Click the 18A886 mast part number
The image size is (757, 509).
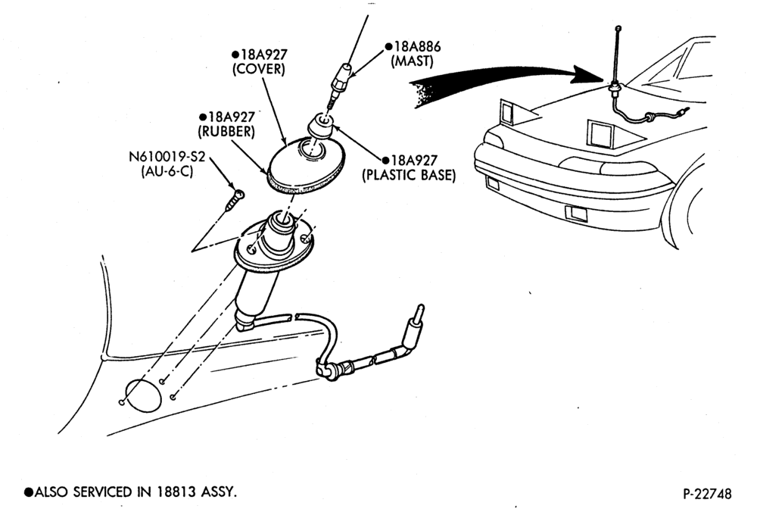418,47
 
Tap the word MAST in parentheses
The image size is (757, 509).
412,61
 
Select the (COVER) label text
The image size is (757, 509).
259,69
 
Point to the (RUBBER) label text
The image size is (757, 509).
227,131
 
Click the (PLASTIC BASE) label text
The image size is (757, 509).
409,175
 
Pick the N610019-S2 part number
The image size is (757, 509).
167,157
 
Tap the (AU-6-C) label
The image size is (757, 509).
167,171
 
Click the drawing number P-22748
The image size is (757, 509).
707,494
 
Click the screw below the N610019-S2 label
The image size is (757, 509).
235,199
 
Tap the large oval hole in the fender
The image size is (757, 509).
143,395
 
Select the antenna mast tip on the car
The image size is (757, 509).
619,29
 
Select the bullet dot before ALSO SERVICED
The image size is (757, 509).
29,492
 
